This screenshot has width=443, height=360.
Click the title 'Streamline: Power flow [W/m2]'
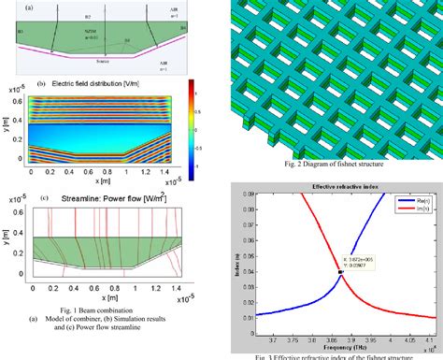point(105,197)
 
